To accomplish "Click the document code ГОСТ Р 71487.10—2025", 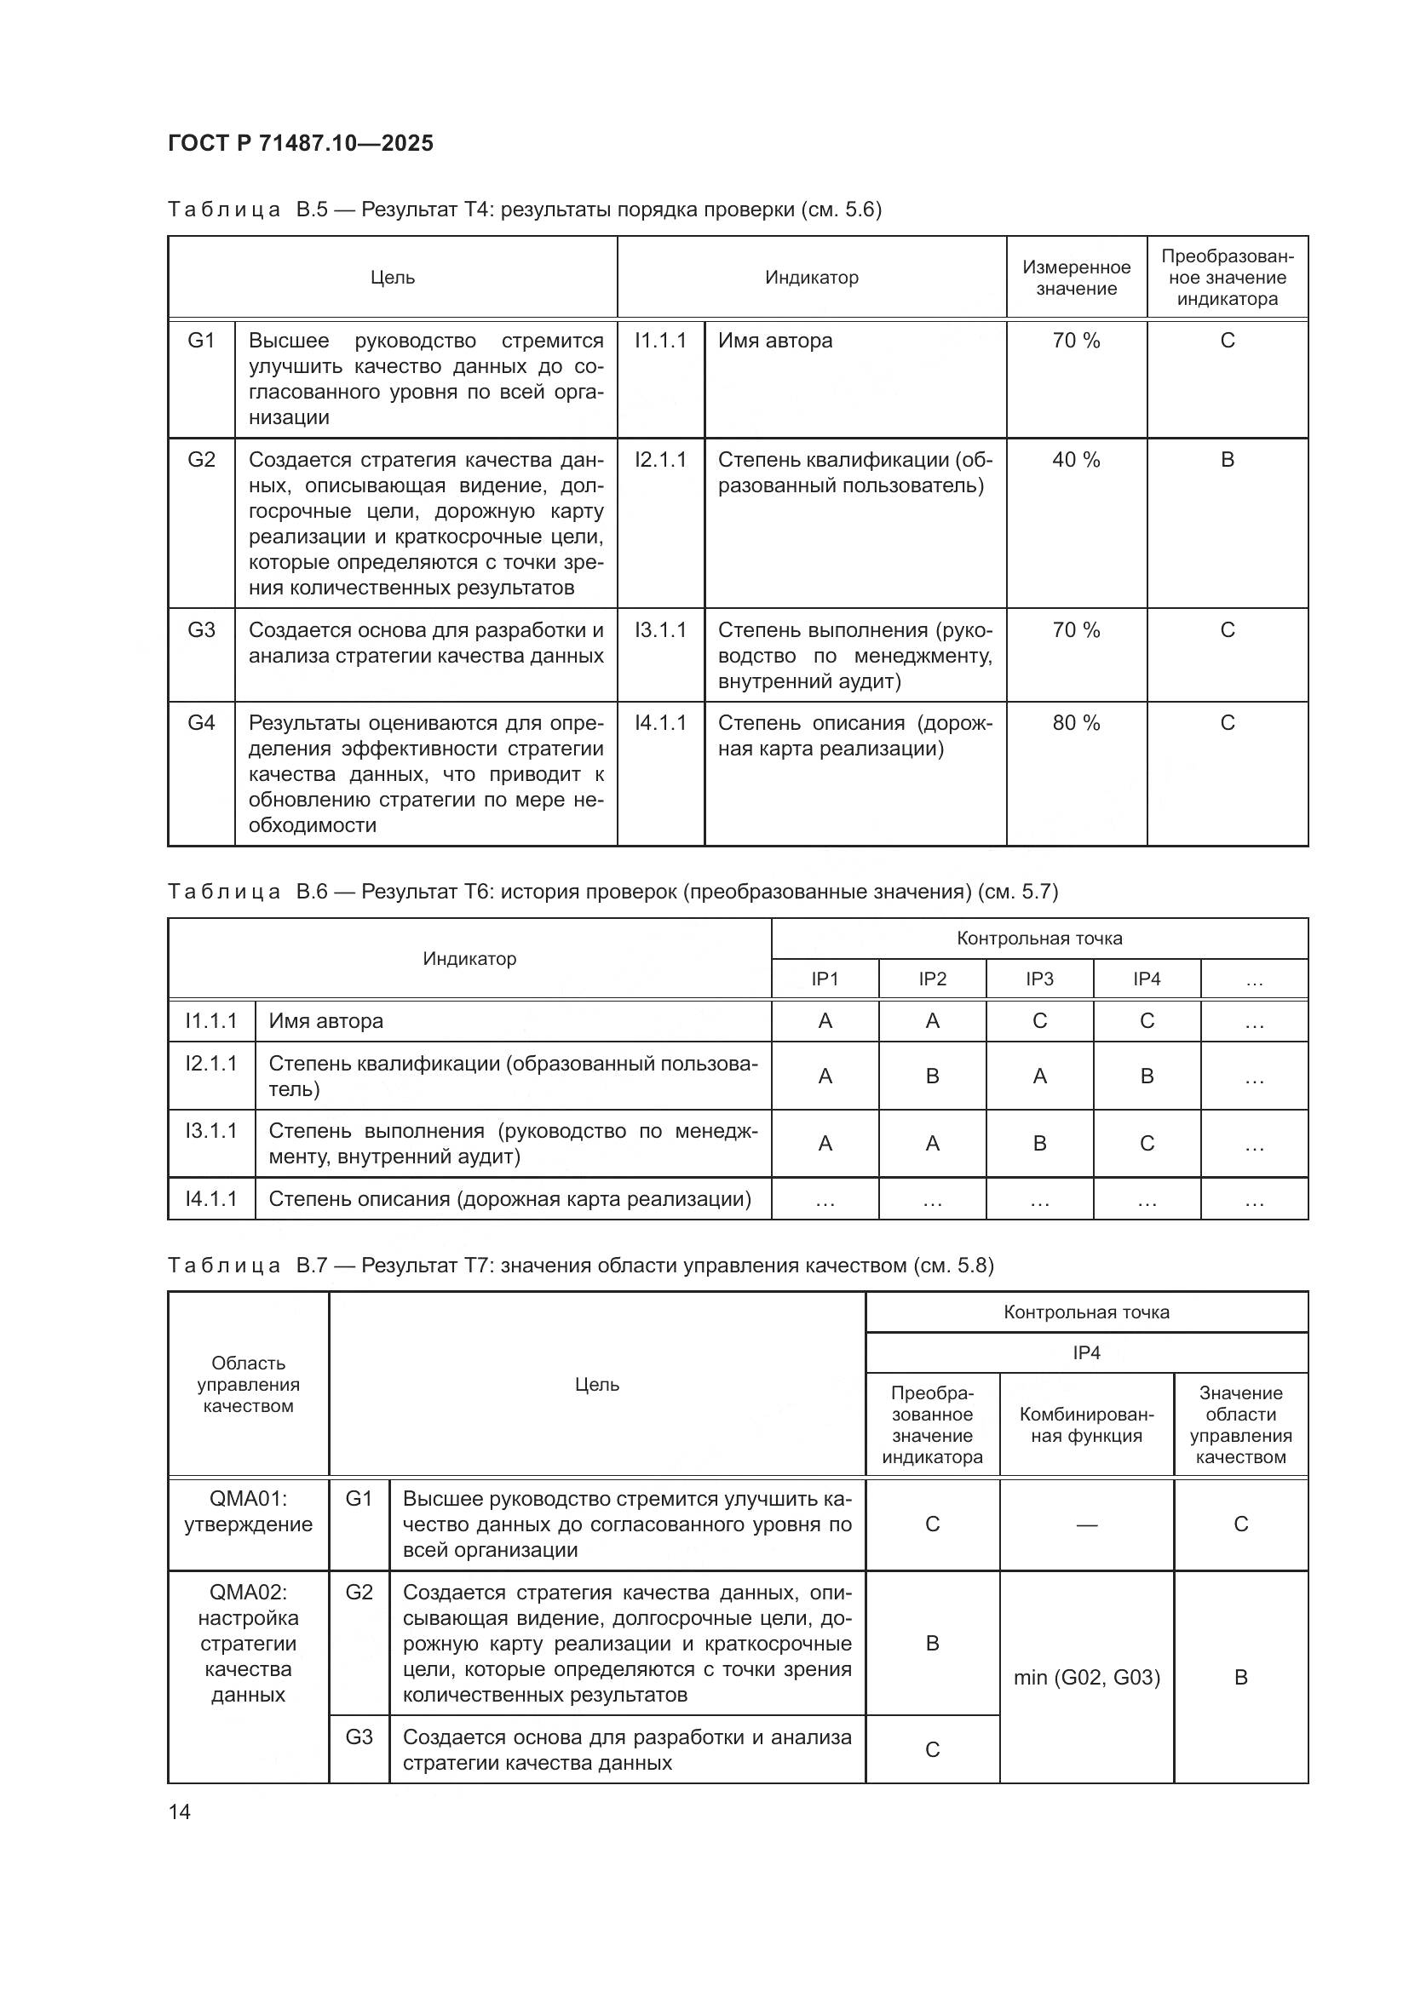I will click(x=300, y=143).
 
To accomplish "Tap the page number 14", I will click(x=180, y=1811).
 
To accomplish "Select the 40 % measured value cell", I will click(x=1076, y=460).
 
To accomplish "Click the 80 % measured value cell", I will click(x=1076, y=723).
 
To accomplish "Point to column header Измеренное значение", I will click(x=1076, y=278).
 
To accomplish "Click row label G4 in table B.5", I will click(x=201, y=723).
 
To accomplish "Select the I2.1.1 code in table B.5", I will click(x=660, y=460).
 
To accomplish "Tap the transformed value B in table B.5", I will click(x=1227, y=460).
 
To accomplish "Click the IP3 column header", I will click(x=1039, y=979).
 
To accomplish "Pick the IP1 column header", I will click(x=825, y=979).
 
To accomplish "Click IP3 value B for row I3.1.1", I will click(x=1039, y=1144).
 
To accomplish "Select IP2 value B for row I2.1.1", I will click(x=933, y=1076).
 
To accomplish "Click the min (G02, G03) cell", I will click(x=1086, y=1677).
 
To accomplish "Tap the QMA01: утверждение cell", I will click(x=248, y=1512).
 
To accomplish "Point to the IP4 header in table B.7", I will click(x=1086, y=1352).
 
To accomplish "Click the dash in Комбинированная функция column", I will click(x=1086, y=1524).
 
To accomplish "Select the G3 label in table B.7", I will click(x=359, y=1737).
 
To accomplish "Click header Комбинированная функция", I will click(x=1086, y=1425).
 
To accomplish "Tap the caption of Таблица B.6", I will click(x=612, y=892).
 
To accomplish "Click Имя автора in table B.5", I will click(x=774, y=341).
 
